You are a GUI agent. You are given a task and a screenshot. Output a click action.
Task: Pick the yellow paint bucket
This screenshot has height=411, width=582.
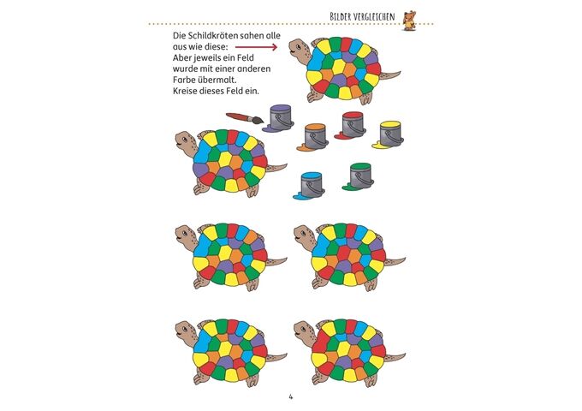(x=389, y=134)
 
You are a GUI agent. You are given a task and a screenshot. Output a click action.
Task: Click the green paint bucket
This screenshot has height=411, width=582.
(x=359, y=176)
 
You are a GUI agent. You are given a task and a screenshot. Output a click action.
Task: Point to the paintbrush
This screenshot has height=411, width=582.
(x=245, y=118)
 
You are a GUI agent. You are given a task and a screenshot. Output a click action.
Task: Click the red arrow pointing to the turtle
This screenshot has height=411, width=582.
(x=257, y=47)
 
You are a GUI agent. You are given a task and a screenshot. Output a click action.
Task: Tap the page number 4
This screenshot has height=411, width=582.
(x=291, y=397)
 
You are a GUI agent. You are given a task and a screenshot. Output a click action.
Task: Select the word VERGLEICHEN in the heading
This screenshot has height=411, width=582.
(x=375, y=17)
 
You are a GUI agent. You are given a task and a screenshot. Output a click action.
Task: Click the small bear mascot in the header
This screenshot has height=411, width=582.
(x=410, y=20)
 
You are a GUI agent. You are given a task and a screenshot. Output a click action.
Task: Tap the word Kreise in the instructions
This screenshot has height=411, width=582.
(x=185, y=91)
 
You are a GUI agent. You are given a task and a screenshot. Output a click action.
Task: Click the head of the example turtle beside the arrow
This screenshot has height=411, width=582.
(x=300, y=48)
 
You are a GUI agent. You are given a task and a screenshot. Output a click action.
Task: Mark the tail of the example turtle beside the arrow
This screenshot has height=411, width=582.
(x=390, y=74)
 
